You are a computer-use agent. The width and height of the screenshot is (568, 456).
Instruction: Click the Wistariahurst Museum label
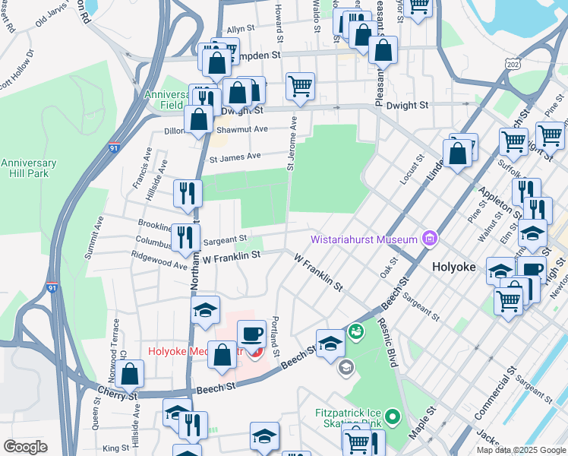(x=364, y=240)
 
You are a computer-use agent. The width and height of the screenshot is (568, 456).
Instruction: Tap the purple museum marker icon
(x=431, y=240)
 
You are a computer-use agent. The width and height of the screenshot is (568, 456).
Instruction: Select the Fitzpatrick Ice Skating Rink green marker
(x=392, y=416)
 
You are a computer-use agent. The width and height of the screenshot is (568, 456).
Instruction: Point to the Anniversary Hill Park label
(x=29, y=168)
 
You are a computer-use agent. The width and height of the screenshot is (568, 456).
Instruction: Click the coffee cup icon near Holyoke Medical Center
(x=251, y=334)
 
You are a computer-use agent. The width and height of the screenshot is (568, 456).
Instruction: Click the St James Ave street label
(x=235, y=157)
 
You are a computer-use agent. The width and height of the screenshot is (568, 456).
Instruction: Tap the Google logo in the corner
(x=25, y=447)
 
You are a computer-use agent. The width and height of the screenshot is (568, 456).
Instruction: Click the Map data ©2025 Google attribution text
(x=520, y=450)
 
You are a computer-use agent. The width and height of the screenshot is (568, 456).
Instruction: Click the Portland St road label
(x=276, y=337)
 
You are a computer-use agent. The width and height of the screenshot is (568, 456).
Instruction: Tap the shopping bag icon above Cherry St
(x=131, y=374)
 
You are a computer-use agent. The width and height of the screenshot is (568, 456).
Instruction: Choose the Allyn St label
(x=240, y=29)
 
